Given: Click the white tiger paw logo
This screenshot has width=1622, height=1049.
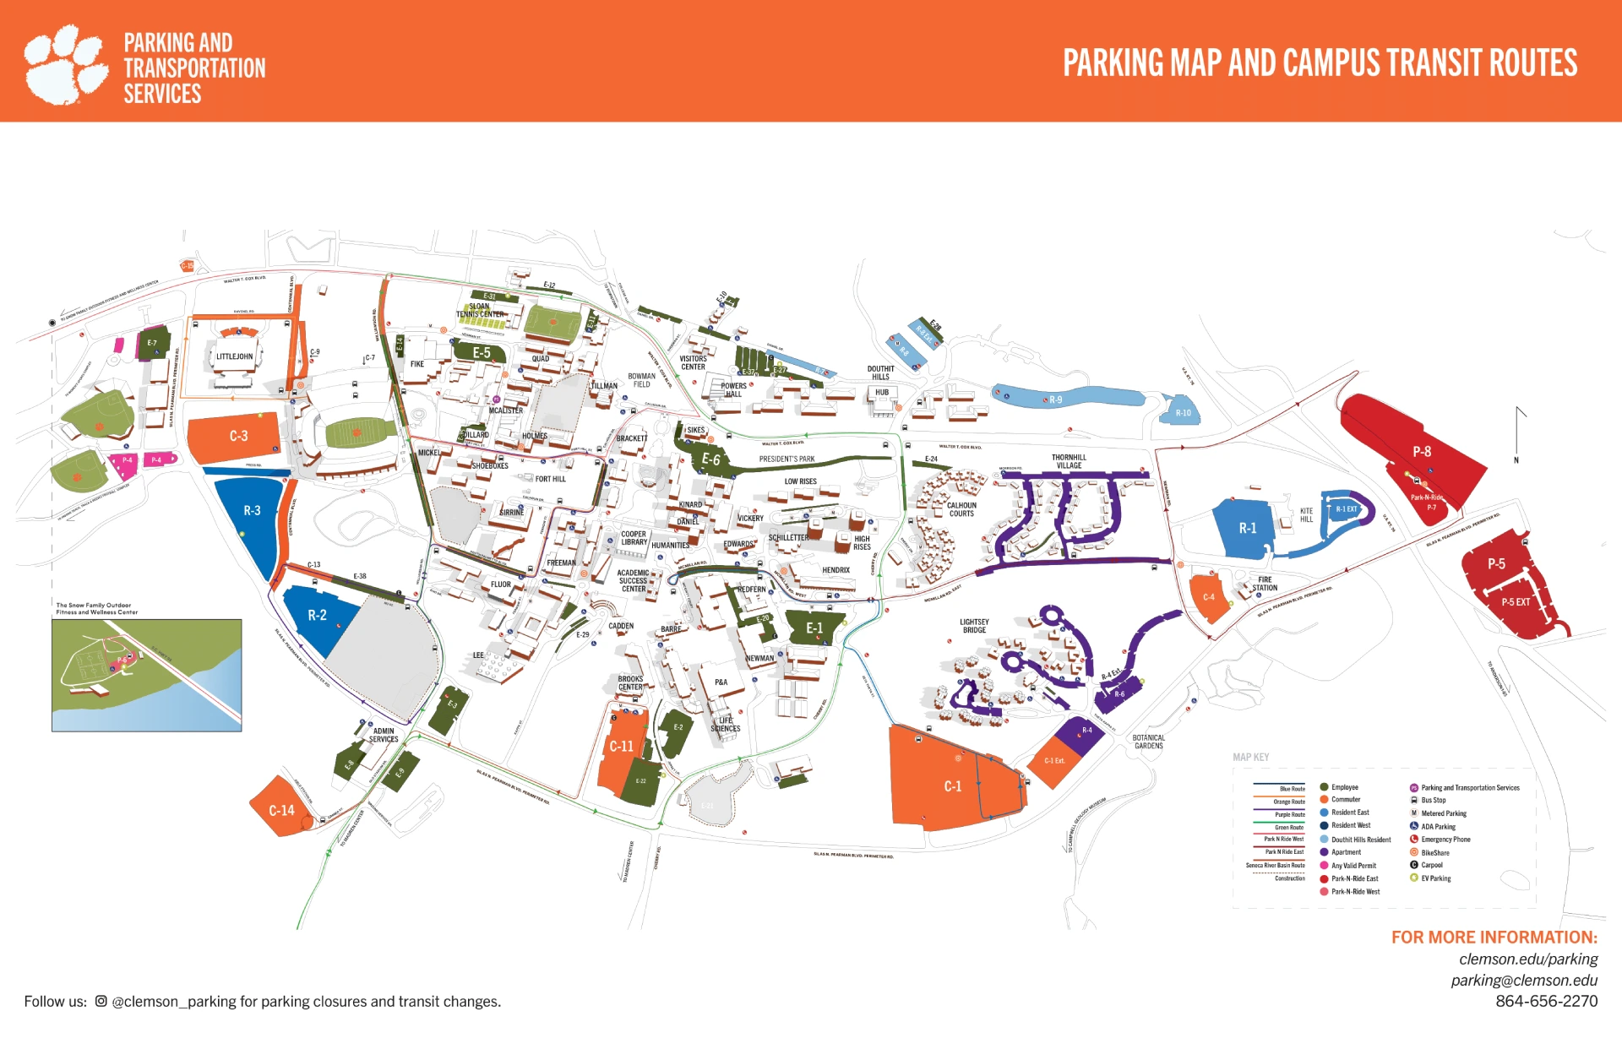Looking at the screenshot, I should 65,64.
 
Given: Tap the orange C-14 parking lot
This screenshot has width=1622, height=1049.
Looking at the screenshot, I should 281,810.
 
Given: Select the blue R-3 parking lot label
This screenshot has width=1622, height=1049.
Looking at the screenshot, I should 252,511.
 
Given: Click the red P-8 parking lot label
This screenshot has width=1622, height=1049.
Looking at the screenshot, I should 1422,452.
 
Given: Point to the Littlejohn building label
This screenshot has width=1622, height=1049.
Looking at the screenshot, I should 234,356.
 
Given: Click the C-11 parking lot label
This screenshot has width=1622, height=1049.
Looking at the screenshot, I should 621,747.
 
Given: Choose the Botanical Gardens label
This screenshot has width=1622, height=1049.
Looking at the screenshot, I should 1148,742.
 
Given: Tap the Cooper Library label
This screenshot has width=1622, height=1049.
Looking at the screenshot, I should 634,538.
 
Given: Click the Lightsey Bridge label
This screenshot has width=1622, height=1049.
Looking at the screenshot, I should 974,626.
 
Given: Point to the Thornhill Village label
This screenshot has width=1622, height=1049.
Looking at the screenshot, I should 1069,461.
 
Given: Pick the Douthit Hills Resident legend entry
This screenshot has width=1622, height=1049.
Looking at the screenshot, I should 1360,840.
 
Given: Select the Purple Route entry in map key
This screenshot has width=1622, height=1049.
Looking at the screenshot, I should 1289,815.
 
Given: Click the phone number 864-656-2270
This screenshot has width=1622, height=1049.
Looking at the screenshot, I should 1546,1002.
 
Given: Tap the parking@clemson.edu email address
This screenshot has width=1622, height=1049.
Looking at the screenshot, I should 1524,981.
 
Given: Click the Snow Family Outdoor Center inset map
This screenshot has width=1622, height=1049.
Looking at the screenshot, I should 146,675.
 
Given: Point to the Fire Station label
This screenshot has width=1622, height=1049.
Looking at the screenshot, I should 1264,584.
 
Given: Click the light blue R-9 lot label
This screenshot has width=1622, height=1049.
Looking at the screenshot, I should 1055,400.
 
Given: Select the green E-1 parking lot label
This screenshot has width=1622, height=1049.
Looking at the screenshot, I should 814,628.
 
